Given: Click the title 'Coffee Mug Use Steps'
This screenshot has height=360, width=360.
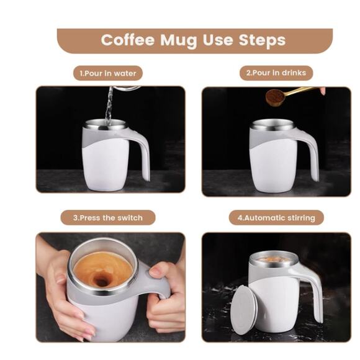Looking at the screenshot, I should [x=193, y=40].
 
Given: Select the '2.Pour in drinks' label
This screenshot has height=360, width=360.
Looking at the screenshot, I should [x=276, y=73].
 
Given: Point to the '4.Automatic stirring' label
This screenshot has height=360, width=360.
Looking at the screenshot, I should [x=276, y=218].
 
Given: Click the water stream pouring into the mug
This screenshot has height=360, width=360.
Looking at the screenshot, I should [x=109, y=106].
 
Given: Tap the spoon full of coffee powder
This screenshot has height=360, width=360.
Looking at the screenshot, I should [x=275, y=97].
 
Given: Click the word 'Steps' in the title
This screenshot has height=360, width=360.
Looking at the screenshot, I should [x=262, y=40].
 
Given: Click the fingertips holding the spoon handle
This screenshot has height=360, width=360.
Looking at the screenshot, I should [x=322, y=91].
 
